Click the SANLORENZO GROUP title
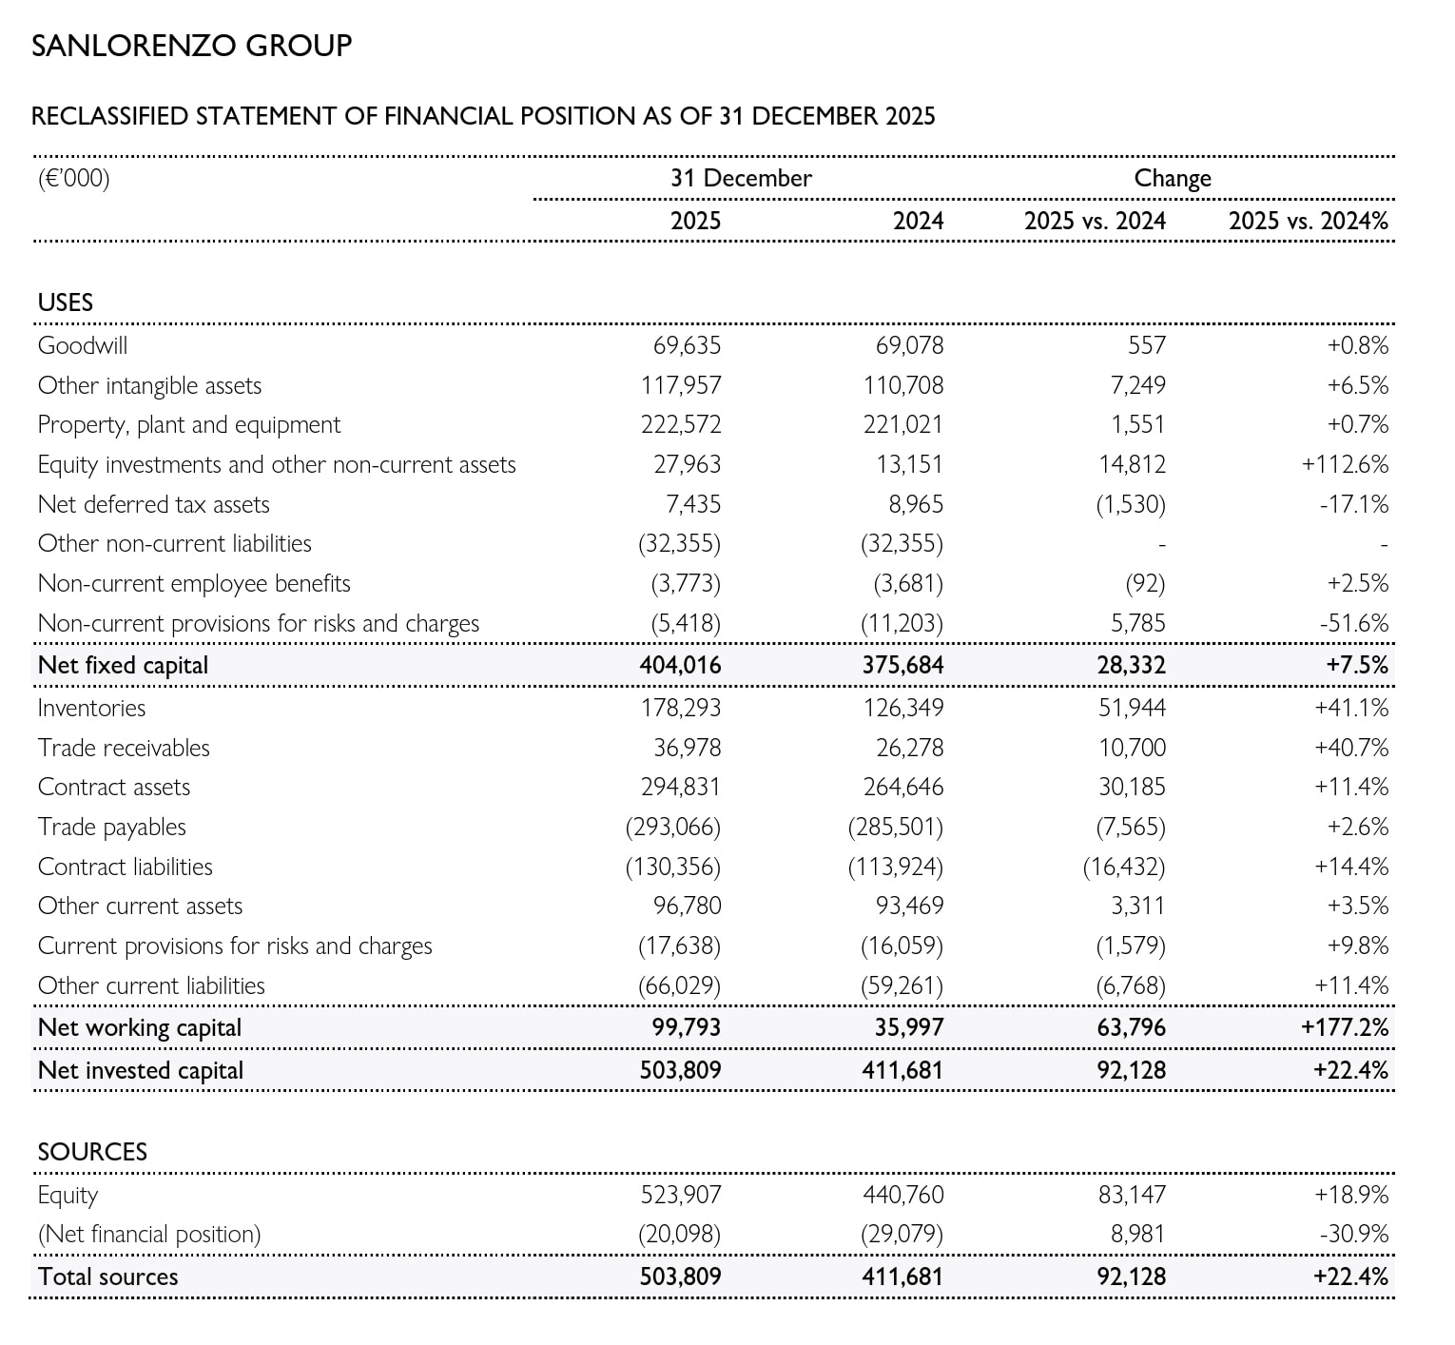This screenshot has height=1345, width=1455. click(191, 45)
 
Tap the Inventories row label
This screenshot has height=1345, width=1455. click(91, 708)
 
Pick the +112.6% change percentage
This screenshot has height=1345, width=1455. click(1345, 464)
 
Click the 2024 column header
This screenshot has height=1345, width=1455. click(918, 221)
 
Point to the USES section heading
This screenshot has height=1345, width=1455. click(66, 302)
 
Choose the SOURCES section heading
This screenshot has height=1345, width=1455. click(92, 1152)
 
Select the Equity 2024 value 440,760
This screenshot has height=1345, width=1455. click(902, 1195)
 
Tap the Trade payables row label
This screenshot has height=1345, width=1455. click(112, 827)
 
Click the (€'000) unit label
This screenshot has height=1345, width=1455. click(73, 178)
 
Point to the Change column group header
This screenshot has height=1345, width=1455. click(1173, 178)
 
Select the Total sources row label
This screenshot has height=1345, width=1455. click(107, 1277)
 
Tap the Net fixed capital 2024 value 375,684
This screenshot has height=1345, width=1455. click(902, 665)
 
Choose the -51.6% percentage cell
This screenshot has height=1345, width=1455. click(1354, 623)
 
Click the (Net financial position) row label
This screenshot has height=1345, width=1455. click(148, 1234)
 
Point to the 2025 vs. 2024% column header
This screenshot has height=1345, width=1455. click(1308, 221)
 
